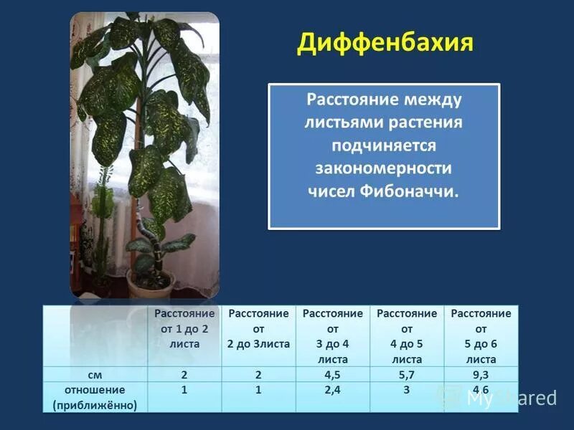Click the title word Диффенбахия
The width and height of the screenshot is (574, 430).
click(385, 43)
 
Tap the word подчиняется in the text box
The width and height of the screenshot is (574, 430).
click(384, 145)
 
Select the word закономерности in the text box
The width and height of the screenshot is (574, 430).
click(384, 168)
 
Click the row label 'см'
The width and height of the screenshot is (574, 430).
click(94, 374)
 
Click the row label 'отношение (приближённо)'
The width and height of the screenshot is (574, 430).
click(94, 398)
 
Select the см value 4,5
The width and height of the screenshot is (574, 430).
click(332, 374)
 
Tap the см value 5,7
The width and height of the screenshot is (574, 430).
click(407, 374)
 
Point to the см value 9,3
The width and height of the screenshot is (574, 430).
click(481, 374)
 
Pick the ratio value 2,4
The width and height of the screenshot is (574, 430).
click(332, 391)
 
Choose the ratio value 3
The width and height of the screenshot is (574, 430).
click(407, 391)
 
